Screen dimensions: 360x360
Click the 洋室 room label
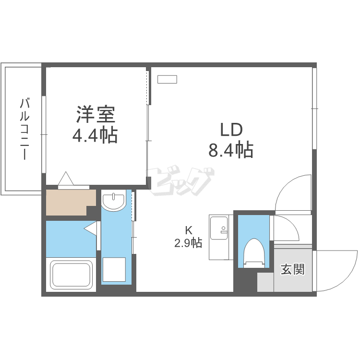[x=95, y=115]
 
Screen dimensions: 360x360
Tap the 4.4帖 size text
[x=95, y=136]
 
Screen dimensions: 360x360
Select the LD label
[x=231, y=130]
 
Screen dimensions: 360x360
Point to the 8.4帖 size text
[x=231, y=150]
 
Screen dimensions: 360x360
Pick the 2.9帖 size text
[x=188, y=242]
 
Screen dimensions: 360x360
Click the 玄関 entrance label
[x=292, y=269]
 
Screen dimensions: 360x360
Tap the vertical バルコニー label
[x=25, y=130]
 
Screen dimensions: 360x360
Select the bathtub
[x=71, y=275]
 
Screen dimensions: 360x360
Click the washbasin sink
[x=113, y=202]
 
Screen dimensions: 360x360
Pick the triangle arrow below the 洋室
[x=66, y=179]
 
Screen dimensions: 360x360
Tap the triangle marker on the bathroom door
[x=91, y=228]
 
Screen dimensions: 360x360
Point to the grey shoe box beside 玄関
[x=265, y=282]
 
